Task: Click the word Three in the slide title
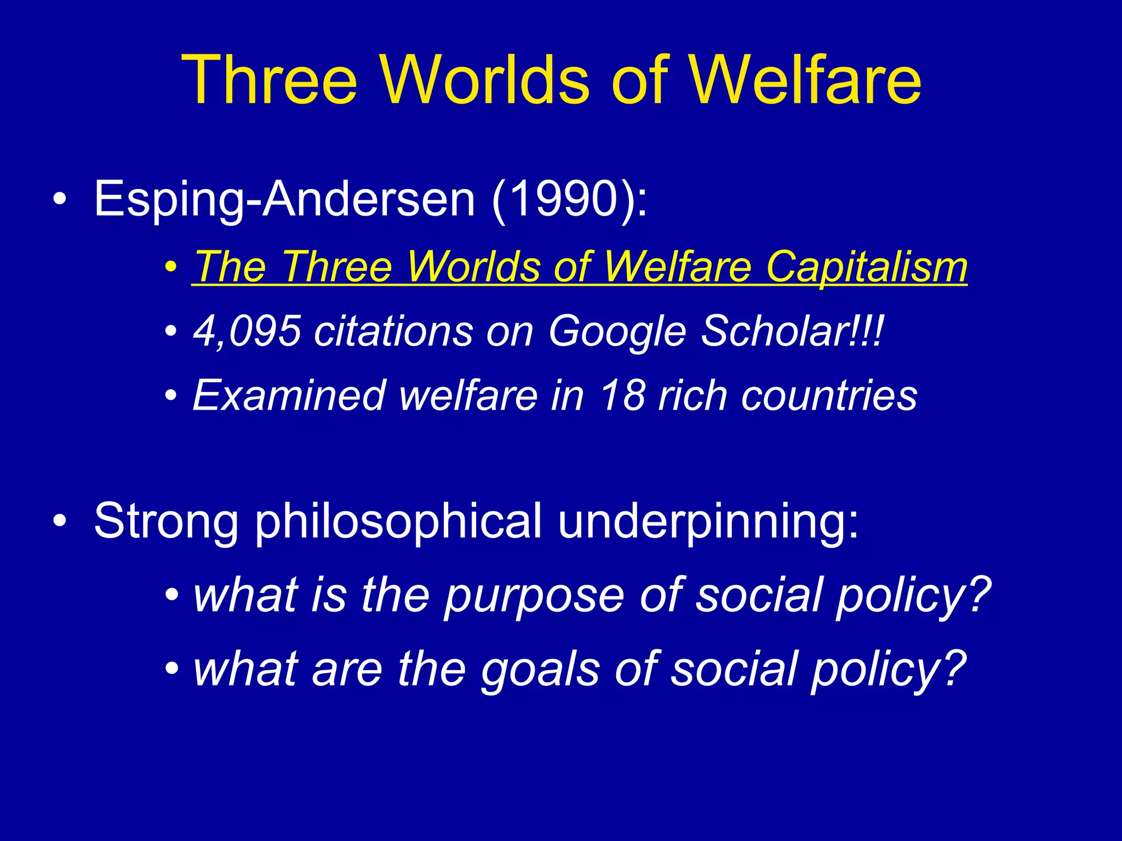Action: [x=270, y=80]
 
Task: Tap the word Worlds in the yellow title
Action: [x=485, y=80]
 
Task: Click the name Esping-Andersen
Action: [x=284, y=199]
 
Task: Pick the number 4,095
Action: [x=247, y=331]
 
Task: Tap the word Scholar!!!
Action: [x=792, y=331]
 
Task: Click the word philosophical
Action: [x=399, y=522]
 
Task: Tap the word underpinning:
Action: [x=708, y=522]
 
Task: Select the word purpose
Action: [x=534, y=596]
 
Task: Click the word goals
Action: [x=540, y=670]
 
